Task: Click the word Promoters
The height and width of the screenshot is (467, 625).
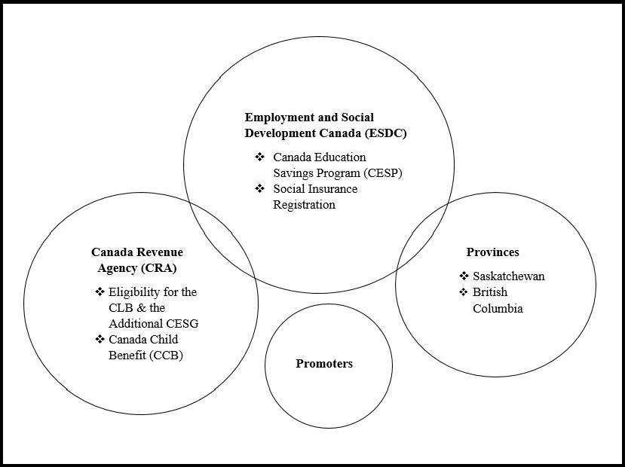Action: click(x=323, y=364)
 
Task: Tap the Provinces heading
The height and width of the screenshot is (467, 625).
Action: click(x=492, y=252)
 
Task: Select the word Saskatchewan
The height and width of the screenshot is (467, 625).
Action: click(x=508, y=276)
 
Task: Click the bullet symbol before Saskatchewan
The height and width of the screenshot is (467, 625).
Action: click(x=464, y=276)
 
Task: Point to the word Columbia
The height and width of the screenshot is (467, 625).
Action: click(x=498, y=308)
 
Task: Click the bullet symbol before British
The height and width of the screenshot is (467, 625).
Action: click(x=464, y=292)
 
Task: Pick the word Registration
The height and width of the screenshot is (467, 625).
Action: click(x=304, y=204)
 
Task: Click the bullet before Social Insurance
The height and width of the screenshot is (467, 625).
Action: click(x=259, y=188)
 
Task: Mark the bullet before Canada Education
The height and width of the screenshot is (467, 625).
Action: click(x=259, y=157)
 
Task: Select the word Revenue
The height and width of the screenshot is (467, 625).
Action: click(x=159, y=252)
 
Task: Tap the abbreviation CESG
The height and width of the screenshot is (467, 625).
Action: click(x=182, y=324)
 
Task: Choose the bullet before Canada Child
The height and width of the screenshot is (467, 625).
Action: click(x=100, y=339)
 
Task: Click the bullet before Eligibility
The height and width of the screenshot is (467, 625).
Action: click(x=100, y=291)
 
